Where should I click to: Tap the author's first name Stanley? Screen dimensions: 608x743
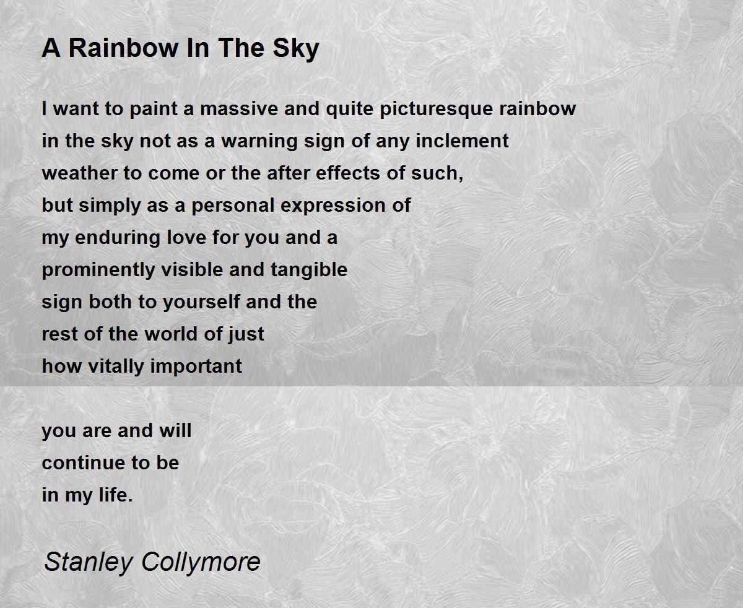click(89, 562)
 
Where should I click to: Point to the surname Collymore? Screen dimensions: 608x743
click(201, 562)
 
